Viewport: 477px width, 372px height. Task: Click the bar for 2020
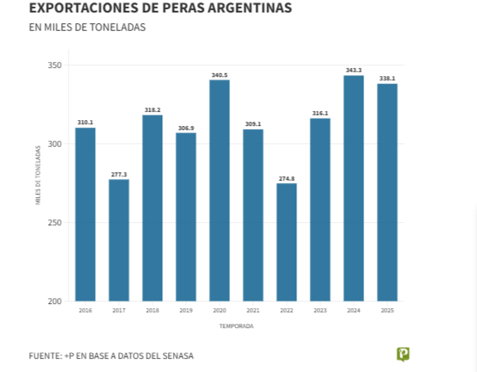coord(219,190)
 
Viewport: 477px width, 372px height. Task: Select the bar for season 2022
coord(287,242)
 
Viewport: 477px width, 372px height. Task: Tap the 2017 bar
coord(118,239)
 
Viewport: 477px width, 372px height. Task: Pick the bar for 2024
coord(354,188)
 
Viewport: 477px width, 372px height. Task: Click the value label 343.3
coord(354,70)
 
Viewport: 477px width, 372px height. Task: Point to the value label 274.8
coord(287,178)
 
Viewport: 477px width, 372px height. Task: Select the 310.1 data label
coord(85,122)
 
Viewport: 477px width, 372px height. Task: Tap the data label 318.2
coord(152,109)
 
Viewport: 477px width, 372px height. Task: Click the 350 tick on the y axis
coord(55,65)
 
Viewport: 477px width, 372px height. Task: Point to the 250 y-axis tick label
coord(55,223)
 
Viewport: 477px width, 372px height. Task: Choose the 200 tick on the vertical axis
coord(55,302)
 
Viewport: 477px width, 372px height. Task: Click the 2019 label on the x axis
coord(185,311)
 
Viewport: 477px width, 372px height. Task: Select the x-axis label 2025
coord(387,311)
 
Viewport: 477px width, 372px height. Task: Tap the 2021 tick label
coord(253,311)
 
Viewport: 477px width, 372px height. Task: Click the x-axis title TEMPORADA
coord(236,326)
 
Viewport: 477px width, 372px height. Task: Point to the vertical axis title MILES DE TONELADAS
coord(38,175)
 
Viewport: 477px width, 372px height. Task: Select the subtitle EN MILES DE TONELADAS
coord(87,27)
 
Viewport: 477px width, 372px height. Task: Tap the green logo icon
coord(403,355)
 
